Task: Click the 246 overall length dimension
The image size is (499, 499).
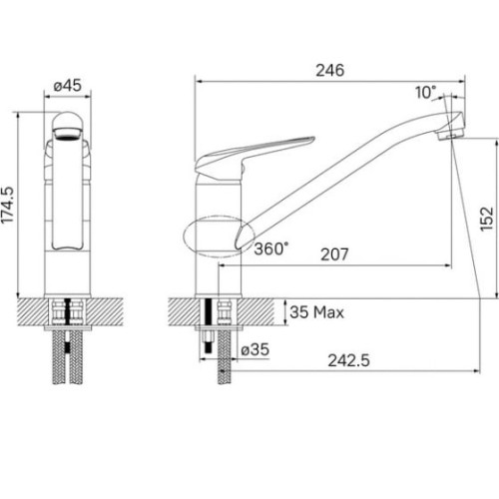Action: click(329, 71)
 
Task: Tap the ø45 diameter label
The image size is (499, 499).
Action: click(68, 86)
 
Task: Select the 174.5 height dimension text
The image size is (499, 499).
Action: click(7, 205)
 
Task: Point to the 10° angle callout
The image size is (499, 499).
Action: click(425, 92)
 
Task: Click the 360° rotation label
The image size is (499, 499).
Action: click(271, 249)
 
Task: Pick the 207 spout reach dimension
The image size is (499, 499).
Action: click(334, 254)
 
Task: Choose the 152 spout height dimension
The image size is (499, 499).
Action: click(486, 219)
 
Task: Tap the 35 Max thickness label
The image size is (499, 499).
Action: click(316, 312)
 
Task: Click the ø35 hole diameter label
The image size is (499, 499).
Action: click(255, 349)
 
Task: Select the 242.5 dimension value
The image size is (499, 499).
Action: click(348, 360)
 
